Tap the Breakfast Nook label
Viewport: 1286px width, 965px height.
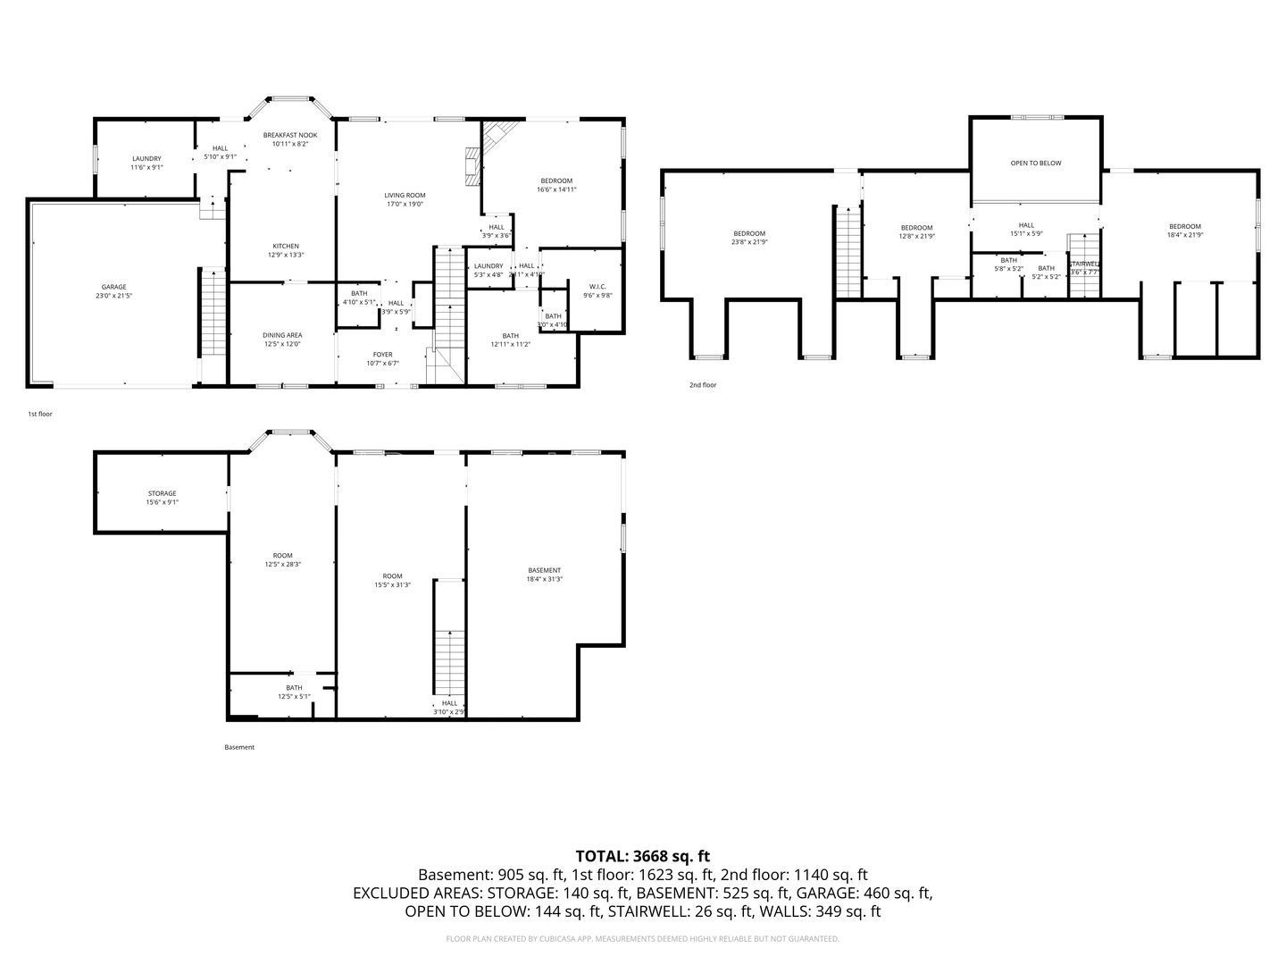[x=289, y=135]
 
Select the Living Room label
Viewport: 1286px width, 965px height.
[x=405, y=195]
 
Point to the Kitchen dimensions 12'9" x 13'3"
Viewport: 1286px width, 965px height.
[x=286, y=255]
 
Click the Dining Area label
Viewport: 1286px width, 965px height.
[x=282, y=335]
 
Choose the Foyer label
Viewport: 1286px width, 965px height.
[x=382, y=355]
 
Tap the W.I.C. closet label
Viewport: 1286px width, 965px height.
[x=597, y=286]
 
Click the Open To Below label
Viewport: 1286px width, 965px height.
[x=1036, y=163]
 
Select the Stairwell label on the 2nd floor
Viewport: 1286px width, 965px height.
[x=1083, y=264]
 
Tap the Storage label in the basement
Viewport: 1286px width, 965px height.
[x=162, y=493]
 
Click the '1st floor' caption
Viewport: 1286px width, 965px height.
[x=39, y=414]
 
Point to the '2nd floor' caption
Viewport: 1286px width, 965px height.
[x=702, y=385]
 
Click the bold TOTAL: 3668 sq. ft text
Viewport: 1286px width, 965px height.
[x=642, y=856]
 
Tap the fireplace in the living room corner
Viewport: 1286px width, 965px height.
[x=472, y=166]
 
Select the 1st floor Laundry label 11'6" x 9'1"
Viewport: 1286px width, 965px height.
[x=146, y=158]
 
